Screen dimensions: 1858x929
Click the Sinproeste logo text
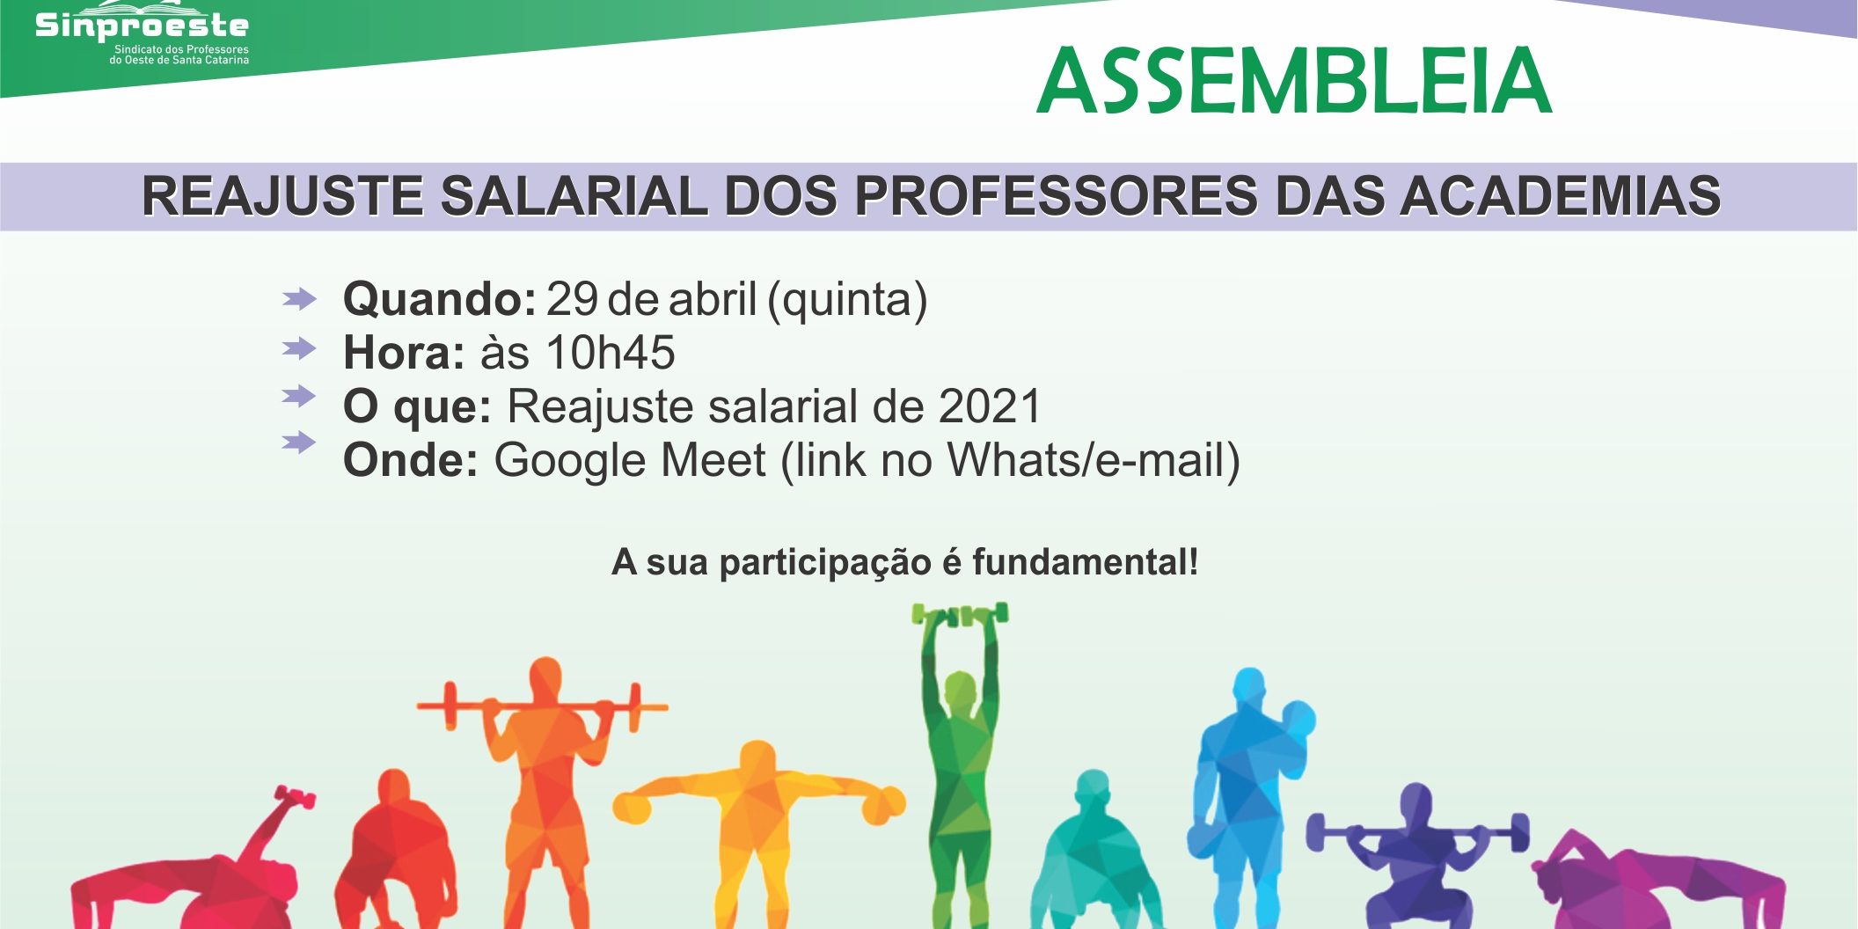[x=142, y=25]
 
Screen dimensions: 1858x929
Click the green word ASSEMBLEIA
[x=1294, y=82]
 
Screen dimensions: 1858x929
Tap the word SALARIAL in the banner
[x=574, y=195]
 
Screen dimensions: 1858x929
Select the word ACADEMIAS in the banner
[x=1561, y=195]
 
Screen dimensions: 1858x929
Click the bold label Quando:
[x=440, y=300]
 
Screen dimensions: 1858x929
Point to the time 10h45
[x=611, y=353]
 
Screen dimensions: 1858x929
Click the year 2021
[x=990, y=406]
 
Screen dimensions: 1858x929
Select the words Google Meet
[x=630, y=460]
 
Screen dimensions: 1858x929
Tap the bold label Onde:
[x=411, y=460]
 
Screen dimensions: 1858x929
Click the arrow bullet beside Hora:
[x=299, y=348]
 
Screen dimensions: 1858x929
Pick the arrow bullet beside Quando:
[x=299, y=299]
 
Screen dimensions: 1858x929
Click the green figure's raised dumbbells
[x=960, y=614]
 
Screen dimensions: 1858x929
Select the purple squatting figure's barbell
[x=1417, y=831]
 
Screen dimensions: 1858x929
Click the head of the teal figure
[x=1093, y=786]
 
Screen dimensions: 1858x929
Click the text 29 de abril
[x=651, y=300]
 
